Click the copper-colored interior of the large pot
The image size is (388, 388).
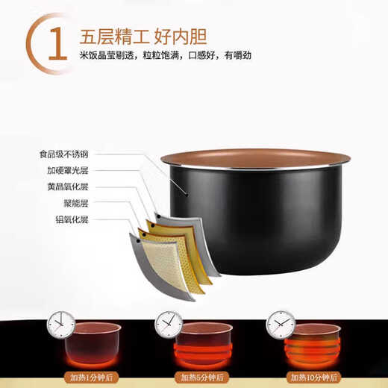pyautogui.click(x=257, y=158)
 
